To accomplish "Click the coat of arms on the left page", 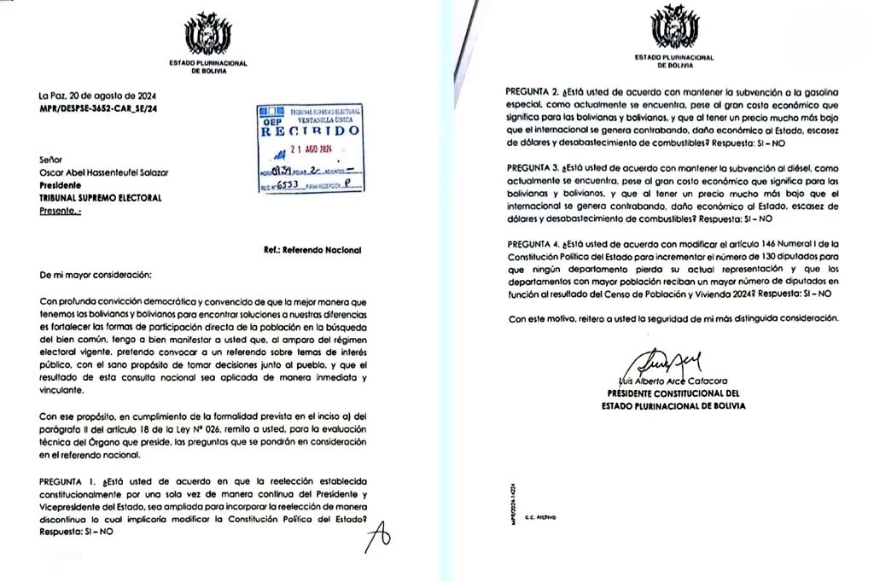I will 207,34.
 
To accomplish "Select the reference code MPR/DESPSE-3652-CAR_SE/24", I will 97,110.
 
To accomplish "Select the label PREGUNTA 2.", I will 533,90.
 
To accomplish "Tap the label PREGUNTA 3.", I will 533,169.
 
